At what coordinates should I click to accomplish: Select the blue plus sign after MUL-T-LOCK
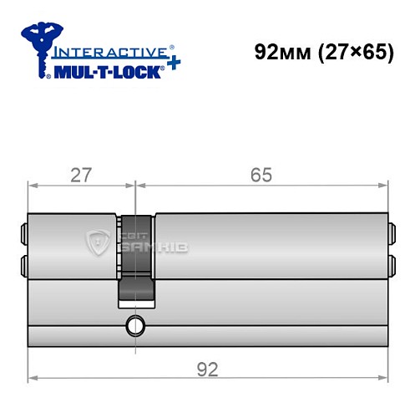click(171, 67)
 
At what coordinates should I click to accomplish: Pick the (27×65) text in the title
click(347, 52)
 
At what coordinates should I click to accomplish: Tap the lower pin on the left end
click(23, 267)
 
